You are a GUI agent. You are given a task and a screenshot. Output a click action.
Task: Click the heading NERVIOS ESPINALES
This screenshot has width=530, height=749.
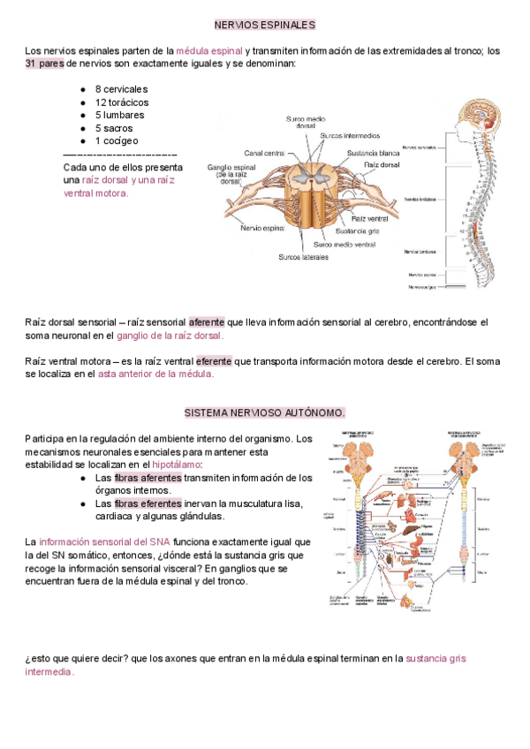point(265,25)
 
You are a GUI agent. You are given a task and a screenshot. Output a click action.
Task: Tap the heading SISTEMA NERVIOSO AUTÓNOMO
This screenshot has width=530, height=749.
point(265,412)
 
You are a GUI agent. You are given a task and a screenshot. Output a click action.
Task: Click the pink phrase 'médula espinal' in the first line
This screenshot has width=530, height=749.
point(209,51)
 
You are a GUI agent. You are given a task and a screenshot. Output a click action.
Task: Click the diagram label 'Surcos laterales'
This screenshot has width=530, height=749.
point(303,257)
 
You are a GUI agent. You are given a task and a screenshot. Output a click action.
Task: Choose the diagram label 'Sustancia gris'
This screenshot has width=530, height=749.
point(358,231)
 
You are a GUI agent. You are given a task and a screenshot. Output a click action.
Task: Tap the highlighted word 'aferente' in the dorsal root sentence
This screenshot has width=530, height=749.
point(207,322)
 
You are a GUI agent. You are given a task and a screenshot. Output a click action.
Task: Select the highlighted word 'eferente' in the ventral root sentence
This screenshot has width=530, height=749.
point(213,360)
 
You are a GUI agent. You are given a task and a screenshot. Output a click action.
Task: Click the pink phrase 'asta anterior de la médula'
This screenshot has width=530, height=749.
point(155,374)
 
